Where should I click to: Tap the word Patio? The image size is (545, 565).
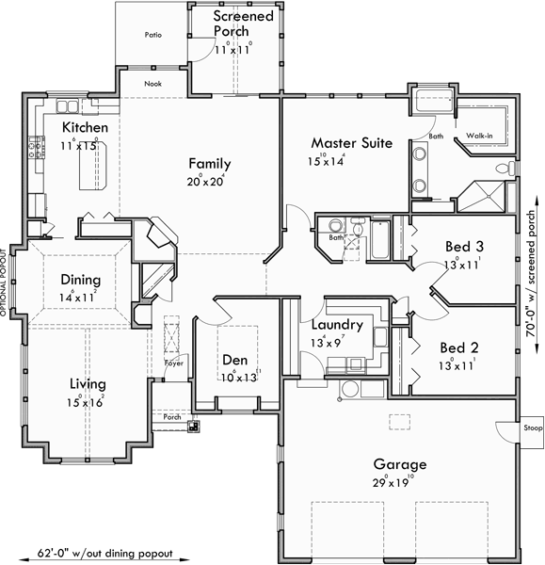(152, 35)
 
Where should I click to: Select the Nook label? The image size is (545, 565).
(153, 83)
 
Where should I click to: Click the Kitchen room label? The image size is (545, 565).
(85, 127)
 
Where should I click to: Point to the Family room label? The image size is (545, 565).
(208, 163)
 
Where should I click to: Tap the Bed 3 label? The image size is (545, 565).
(463, 247)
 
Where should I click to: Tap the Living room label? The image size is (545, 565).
(87, 383)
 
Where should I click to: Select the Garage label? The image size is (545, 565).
(399, 464)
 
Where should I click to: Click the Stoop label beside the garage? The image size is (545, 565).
(533, 428)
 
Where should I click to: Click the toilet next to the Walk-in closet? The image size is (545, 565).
(509, 168)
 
